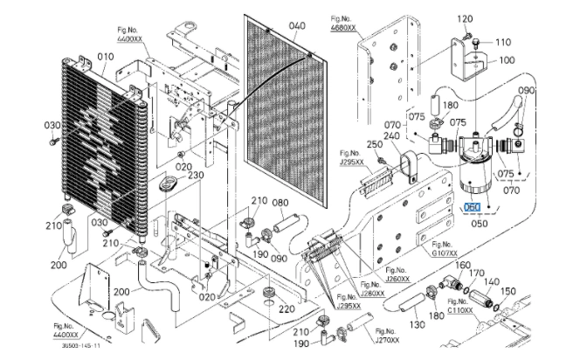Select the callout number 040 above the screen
point(297,26)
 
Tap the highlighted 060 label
point(473,207)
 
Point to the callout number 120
point(465,18)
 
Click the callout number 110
point(503,42)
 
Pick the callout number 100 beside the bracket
point(507,61)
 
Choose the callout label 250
point(375,144)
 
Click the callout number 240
point(391,135)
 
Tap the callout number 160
point(463,265)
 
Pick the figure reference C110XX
point(460,310)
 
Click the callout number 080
point(281,204)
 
